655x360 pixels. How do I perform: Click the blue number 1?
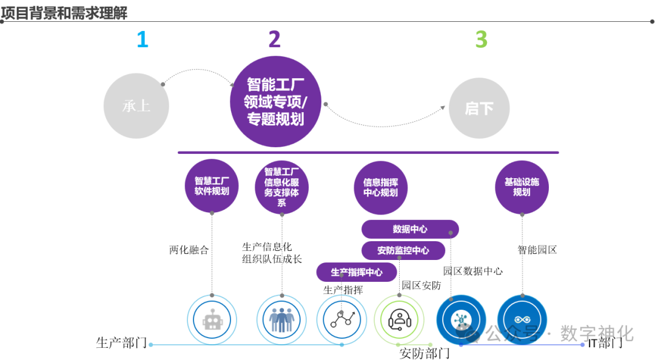(142, 39)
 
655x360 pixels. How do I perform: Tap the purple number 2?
(275, 39)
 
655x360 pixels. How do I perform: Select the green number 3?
(481, 39)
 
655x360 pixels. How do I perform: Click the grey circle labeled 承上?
(136, 106)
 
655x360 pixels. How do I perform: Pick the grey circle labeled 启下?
(479, 108)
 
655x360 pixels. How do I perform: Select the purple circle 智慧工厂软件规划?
(212, 185)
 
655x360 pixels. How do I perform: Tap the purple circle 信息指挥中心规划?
(381, 187)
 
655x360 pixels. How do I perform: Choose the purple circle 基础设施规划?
(522, 186)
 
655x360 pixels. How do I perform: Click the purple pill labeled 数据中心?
(410, 229)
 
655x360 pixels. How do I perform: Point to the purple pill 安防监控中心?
(403, 250)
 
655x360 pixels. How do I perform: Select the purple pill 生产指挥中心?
(357, 272)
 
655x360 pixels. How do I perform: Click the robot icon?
(212, 319)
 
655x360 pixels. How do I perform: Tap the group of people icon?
(282, 319)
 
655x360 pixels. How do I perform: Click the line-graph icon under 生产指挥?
(342, 319)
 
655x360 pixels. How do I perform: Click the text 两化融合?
(189, 250)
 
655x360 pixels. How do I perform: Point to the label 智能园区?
(537, 250)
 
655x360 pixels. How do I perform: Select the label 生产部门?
(121, 343)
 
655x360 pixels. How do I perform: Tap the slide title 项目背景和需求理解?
(64, 13)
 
